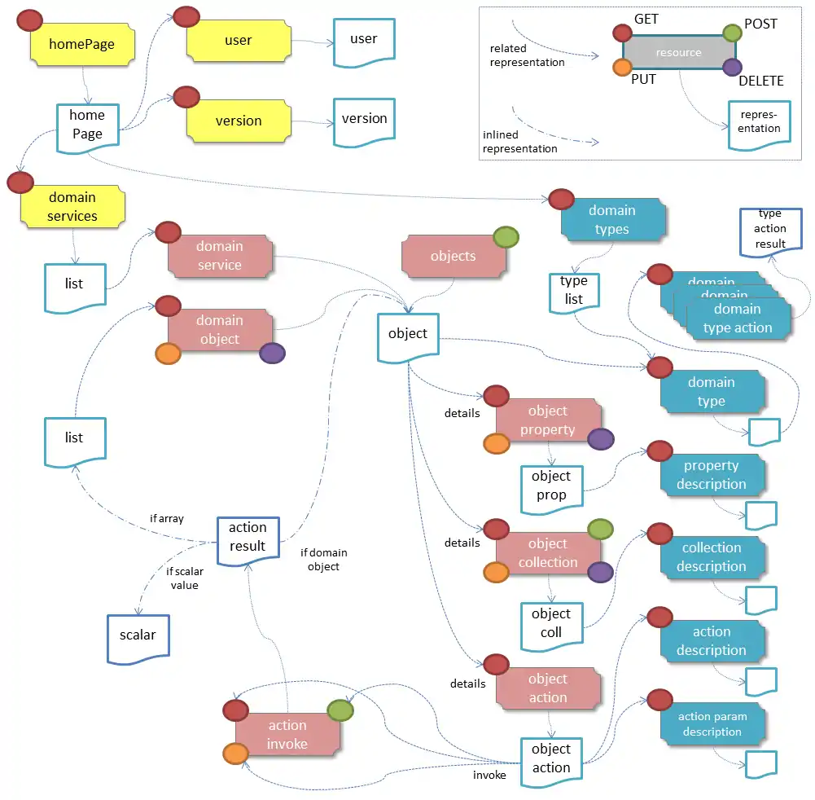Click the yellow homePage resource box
click(81, 44)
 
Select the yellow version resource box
click(238, 121)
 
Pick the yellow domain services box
click(72, 206)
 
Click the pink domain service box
click(219, 256)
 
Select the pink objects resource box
click(453, 256)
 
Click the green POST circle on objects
click(506, 237)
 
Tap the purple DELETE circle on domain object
click(272, 353)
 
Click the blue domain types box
click(612, 220)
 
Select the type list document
click(574, 290)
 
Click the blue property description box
click(712, 475)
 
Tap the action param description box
click(712, 724)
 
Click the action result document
click(248, 538)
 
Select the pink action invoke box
click(287, 734)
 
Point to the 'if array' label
click(167, 518)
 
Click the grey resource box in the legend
click(678, 53)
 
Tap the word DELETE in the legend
click(760, 81)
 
